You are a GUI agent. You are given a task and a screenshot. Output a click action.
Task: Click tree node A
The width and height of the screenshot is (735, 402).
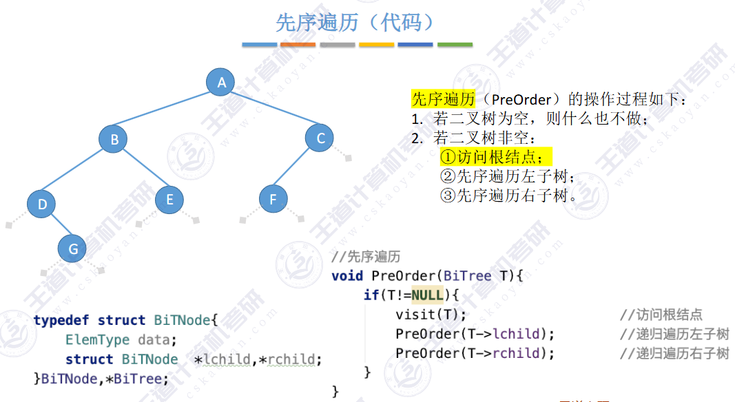click(221, 83)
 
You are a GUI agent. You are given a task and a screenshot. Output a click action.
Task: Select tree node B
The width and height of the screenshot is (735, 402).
click(114, 140)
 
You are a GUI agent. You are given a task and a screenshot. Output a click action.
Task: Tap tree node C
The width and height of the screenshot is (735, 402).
click(320, 138)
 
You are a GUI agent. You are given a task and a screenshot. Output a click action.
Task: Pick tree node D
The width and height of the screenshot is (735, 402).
click(42, 204)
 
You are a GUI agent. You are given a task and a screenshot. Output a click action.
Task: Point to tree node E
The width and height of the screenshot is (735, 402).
click(169, 200)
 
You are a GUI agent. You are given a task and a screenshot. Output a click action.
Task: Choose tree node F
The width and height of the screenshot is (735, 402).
click(273, 200)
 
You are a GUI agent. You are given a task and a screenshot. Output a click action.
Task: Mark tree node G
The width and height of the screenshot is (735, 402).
click(73, 249)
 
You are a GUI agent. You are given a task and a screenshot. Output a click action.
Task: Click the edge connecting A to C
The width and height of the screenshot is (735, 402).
click(271, 111)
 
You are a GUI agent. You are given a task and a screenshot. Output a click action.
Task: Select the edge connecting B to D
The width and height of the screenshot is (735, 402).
click(78, 172)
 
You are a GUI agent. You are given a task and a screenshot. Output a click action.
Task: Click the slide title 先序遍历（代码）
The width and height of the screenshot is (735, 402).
click(356, 23)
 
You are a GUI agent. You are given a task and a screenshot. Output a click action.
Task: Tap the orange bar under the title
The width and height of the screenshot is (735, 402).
click(298, 45)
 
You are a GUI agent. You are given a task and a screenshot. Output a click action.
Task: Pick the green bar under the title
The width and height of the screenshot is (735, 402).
click(455, 45)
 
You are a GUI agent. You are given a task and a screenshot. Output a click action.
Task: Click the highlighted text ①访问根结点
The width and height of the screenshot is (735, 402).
click(495, 156)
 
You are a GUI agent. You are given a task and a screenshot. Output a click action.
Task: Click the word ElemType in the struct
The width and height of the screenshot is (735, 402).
click(97, 339)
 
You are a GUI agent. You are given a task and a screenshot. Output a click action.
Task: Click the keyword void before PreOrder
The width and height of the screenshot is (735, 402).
click(347, 276)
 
